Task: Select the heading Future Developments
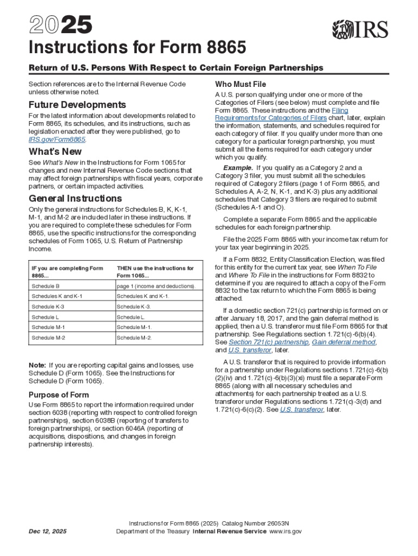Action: tap(77, 104)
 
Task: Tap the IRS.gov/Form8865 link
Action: tap(56, 140)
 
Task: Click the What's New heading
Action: tap(55, 151)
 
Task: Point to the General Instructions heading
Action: tap(75, 198)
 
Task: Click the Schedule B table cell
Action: tap(46, 286)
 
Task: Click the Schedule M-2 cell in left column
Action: tap(48, 337)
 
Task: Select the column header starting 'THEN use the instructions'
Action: tap(155, 271)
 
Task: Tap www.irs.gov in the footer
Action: tap(286, 532)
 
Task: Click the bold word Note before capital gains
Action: tap(38, 365)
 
